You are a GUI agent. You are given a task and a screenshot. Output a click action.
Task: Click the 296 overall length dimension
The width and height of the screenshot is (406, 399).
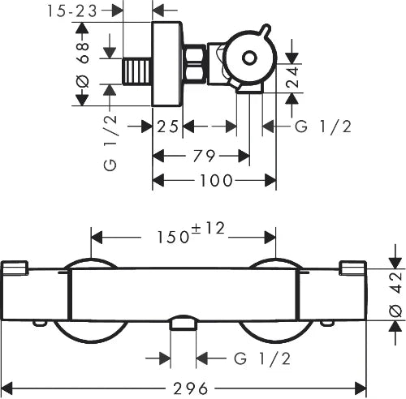coord(190,388)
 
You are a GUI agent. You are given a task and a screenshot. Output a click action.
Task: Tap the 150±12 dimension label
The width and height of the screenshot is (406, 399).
coord(191,233)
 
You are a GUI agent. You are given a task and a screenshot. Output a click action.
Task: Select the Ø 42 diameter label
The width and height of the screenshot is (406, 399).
coord(396,294)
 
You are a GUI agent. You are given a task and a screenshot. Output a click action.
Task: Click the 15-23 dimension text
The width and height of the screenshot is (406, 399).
coord(72,11)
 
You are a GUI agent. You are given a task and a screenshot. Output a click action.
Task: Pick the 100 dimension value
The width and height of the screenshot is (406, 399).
coord(216,181)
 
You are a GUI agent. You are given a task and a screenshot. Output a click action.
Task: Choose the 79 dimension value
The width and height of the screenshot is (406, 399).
coord(204,156)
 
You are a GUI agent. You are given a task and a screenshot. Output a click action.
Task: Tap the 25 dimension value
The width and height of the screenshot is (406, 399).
coord(168,127)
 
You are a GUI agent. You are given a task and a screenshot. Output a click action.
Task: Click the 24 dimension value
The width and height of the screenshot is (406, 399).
coord(292,77)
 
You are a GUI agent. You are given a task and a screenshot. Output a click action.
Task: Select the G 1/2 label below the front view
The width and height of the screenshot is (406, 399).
coord(262,358)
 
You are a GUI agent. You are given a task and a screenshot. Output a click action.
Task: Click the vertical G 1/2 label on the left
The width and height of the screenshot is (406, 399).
coord(110,143)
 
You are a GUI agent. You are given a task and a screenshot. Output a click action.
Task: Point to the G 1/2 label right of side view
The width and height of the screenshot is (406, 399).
coord(323,127)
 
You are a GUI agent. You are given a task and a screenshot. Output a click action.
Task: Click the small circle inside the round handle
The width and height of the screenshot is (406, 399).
coord(249,58)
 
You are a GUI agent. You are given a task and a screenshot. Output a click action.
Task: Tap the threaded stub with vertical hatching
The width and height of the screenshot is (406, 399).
coord(137,71)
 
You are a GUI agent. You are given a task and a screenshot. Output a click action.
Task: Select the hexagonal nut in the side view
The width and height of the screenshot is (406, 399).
coord(194,63)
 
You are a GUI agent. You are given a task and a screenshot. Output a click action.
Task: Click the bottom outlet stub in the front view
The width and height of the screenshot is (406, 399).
coord(184,323)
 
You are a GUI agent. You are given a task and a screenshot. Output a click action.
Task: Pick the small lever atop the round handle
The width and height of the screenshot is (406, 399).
coord(266,30)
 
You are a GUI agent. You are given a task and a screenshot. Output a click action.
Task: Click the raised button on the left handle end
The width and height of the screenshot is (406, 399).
coord(15,268)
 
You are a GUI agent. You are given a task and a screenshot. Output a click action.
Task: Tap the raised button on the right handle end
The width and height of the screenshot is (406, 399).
coord(353,268)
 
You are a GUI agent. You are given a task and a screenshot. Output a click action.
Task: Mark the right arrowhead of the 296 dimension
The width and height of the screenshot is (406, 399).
coord(361,388)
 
